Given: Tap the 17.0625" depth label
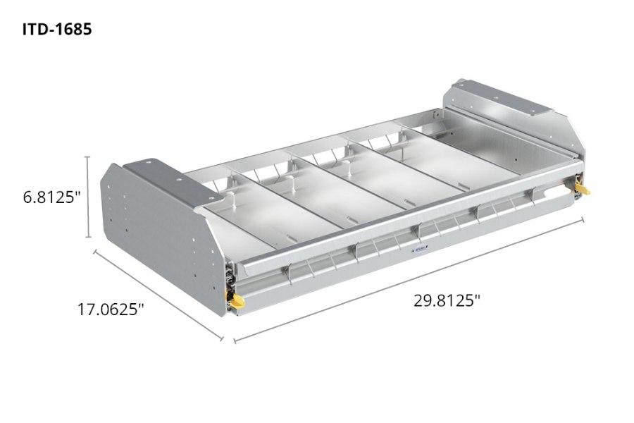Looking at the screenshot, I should click(x=111, y=309).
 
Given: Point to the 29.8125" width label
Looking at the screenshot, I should click(x=447, y=300).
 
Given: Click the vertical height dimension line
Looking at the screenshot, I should click(x=88, y=197).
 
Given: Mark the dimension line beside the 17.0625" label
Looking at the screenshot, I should click(x=158, y=295).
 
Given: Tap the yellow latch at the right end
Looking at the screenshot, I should click(x=582, y=188).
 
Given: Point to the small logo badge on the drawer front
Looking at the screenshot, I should click(x=419, y=248).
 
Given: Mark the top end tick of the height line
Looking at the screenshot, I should click(x=88, y=157).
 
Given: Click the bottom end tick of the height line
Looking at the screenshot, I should click(x=88, y=238).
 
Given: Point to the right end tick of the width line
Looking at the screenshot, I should click(x=583, y=220).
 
